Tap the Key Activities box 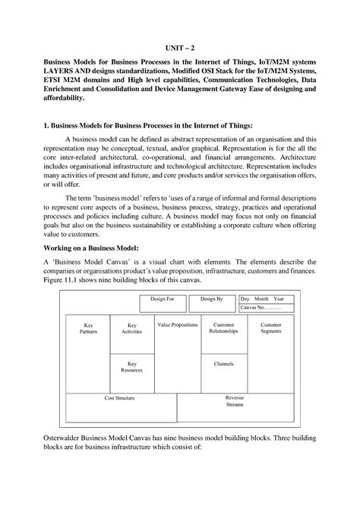[131, 328]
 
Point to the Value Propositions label [178, 324]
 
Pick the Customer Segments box [270, 328]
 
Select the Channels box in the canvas [224, 364]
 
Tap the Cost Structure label [119, 397]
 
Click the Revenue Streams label [234, 401]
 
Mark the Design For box [162, 299]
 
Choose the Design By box [212, 299]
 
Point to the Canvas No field [261, 308]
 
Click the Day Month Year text [263, 299]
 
